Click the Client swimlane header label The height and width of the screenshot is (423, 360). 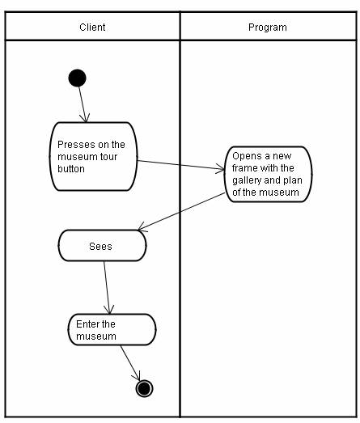[x=92, y=27]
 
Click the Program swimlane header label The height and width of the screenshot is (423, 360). [x=268, y=27]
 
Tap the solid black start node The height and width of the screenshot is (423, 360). [x=78, y=78]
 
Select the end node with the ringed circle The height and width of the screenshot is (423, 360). [x=144, y=388]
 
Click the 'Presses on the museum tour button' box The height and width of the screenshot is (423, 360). [x=93, y=156]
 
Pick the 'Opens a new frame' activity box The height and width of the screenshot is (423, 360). [x=269, y=174]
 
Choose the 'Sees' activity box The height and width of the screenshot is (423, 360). [x=102, y=246]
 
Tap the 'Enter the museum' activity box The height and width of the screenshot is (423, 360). [x=112, y=329]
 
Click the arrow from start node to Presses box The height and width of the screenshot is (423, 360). [x=83, y=104]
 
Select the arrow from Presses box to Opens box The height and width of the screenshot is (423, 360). [x=181, y=165]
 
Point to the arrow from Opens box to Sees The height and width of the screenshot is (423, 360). [x=181, y=212]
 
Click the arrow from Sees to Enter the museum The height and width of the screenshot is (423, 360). [x=107, y=288]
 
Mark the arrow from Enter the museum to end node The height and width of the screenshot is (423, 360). [x=130, y=363]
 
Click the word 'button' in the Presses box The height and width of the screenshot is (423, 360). [x=71, y=169]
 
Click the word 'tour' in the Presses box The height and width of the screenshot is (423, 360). [x=109, y=157]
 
